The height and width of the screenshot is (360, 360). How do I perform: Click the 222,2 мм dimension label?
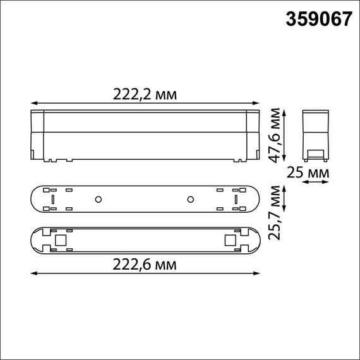pyautogui.click(x=145, y=94)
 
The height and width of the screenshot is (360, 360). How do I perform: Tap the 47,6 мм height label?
pyautogui.click(x=274, y=135)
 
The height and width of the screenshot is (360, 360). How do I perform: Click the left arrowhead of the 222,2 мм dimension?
pyautogui.click(x=33, y=103)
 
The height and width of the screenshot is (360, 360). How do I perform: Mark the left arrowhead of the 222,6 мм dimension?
pyautogui.click(x=33, y=273)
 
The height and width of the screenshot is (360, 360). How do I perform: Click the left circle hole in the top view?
pyautogui.click(x=98, y=200)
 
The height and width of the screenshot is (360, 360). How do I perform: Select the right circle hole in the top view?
pyautogui.click(x=189, y=200)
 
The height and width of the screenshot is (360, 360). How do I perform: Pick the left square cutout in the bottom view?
pyautogui.click(x=61, y=240)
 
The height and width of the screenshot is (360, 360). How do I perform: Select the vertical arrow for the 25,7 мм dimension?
pyautogui.click(x=286, y=200)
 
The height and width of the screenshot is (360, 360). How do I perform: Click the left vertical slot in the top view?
pyautogui.click(x=53, y=200)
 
